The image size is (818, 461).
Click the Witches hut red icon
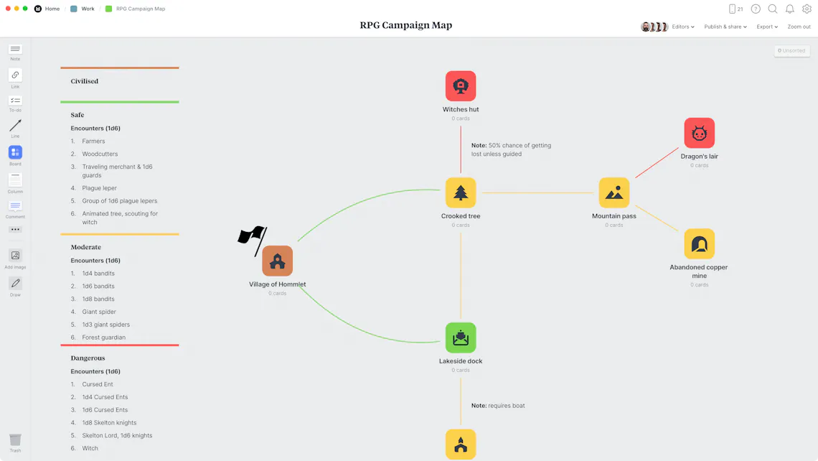[461, 86]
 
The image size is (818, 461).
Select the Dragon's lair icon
[699, 133]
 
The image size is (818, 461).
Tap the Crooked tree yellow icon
[461, 192]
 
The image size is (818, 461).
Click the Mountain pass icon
[614, 192]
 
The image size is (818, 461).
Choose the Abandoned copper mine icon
[699, 244]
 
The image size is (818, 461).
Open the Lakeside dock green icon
[461, 337]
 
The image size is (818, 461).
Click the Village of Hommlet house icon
[278, 261]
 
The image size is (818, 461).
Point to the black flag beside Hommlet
[253, 241]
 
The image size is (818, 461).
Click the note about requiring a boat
[498, 406]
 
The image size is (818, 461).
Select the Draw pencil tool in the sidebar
[15, 284]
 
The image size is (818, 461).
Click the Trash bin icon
[15, 439]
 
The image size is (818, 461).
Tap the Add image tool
[15, 256]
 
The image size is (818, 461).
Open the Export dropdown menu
[767, 27]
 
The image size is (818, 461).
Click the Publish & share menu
[725, 27]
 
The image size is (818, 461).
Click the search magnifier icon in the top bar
[773, 9]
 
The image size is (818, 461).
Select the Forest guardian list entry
[104, 337]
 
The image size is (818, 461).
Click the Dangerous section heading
[88, 358]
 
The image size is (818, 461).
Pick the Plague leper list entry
[99, 188]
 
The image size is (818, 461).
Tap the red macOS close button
[8, 9]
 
